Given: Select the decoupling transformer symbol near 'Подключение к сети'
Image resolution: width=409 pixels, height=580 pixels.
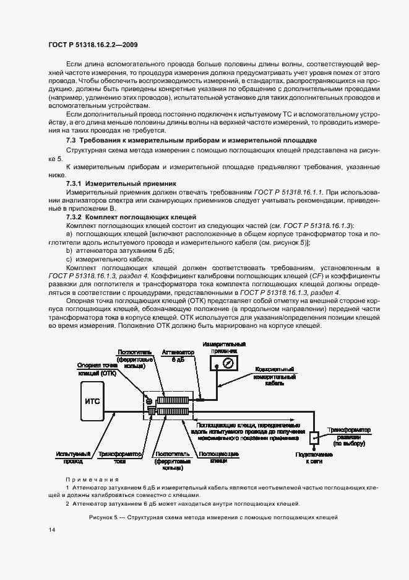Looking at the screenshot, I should (313, 437).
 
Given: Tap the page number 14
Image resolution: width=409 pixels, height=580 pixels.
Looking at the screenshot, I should (51, 529).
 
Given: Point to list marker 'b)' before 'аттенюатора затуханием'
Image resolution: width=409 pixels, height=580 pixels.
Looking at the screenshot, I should (69, 251).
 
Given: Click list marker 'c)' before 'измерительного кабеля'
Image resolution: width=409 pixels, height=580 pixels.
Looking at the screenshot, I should (69, 260).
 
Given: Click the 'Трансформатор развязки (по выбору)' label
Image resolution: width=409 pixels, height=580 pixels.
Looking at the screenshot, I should (348, 436).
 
